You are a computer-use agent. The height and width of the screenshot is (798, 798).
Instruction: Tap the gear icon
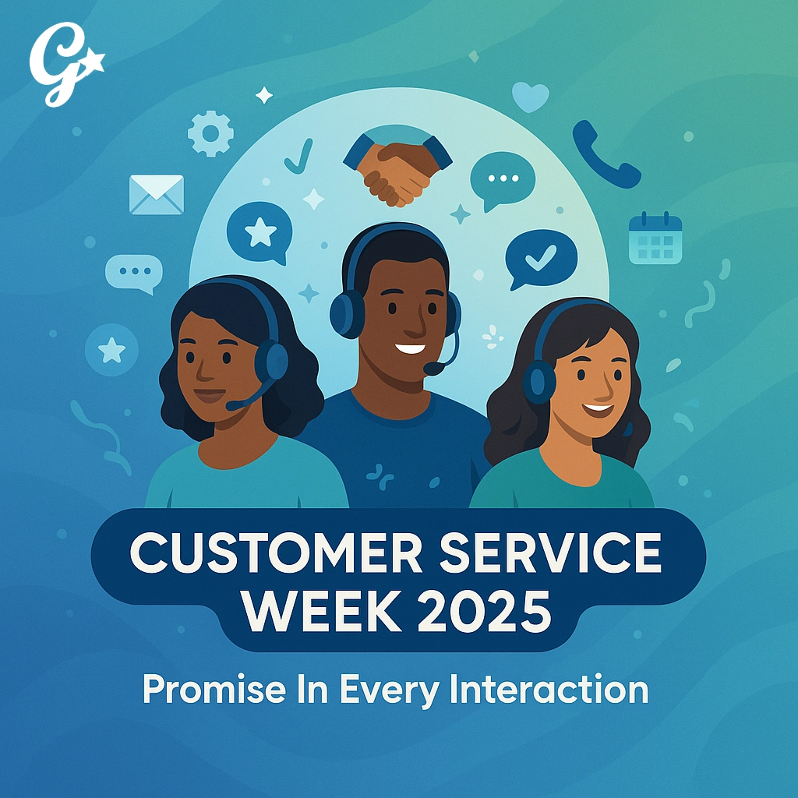click(x=210, y=133)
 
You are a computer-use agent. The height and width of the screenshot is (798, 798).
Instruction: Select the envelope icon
click(x=156, y=194)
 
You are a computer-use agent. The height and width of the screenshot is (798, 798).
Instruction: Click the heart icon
click(x=530, y=97)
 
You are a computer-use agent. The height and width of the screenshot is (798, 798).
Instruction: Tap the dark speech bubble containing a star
click(x=260, y=233)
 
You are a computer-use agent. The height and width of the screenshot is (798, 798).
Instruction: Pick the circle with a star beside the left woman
click(x=111, y=350)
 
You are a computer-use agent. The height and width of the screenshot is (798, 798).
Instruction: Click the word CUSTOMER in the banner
click(x=277, y=553)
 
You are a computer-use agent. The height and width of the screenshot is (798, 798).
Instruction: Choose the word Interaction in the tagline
click(x=549, y=689)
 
